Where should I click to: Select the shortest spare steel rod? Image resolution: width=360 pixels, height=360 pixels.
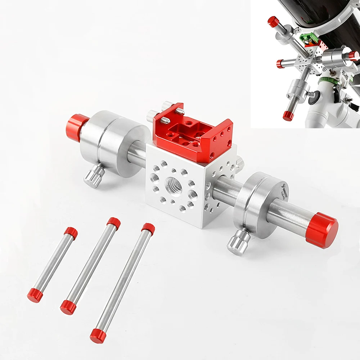[53, 264]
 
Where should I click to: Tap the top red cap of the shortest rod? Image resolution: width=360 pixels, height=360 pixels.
[71, 233]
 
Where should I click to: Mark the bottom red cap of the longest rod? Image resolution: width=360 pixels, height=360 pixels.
[98, 336]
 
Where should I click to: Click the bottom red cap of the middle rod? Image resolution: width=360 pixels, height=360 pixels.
[68, 307]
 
